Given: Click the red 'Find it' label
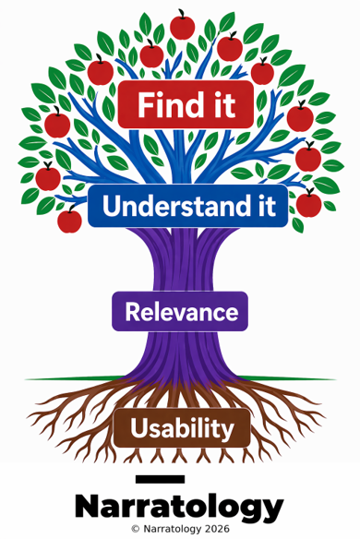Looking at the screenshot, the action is coord(186,104).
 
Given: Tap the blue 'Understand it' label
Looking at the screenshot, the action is coord(187,206).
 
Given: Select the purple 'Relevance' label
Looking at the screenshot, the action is coord(180,311).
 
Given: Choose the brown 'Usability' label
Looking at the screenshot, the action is coord(182,428).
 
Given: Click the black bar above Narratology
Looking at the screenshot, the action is coord(160,479).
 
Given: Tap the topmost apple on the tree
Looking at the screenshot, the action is coord(182,27).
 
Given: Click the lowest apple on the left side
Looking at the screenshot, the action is coord(69,220).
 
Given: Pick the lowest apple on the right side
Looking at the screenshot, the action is coord(308,203).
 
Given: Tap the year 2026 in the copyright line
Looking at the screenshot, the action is coord(216,529).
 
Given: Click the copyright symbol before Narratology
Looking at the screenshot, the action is coord(136,529).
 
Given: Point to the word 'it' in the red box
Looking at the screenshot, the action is coord(225,104).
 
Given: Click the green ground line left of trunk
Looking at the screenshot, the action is coord(76,378).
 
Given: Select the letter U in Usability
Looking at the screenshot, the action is coord(139,427).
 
